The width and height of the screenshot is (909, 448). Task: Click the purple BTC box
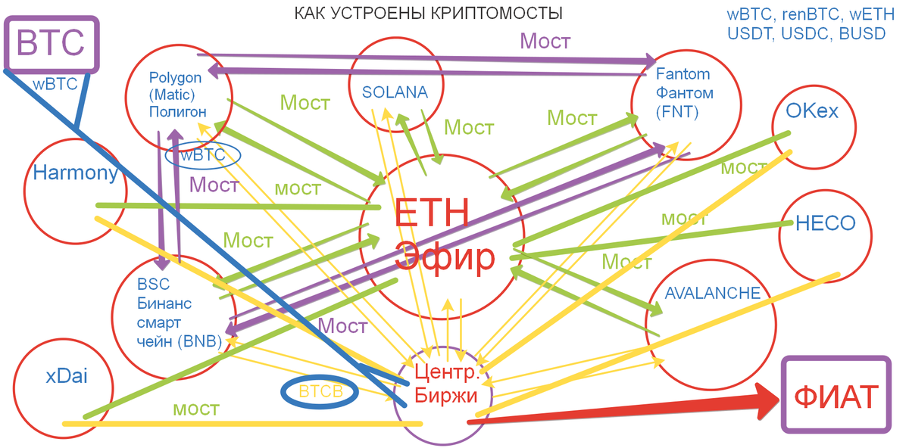(51, 43)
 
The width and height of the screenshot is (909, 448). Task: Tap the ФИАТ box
(836, 396)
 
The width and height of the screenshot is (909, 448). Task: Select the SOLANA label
(395, 92)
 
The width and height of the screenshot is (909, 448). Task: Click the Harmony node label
(75, 173)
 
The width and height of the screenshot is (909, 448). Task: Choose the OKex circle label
(812, 111)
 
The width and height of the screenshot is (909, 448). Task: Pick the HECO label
(825, 223)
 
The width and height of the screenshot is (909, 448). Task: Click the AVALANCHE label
(712, 294)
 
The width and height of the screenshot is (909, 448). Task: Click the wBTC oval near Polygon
(202, 155)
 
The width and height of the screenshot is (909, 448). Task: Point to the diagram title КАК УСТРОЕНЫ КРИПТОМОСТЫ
(428, 14)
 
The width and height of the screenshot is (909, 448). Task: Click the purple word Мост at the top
(544, 41)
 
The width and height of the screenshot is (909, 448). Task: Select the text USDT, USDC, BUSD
(806, 33)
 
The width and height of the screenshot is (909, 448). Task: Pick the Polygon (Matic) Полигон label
(177, 95)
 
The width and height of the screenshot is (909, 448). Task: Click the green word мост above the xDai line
(196, 409)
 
